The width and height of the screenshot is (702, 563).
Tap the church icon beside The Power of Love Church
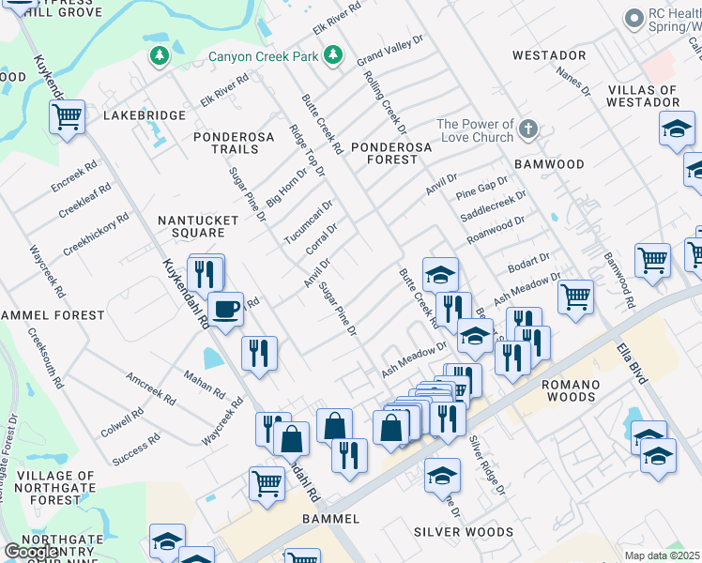528,129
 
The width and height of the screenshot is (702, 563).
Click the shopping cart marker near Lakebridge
67,117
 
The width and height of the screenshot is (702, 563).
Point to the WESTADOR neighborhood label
549,55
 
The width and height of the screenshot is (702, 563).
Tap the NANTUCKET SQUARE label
191,226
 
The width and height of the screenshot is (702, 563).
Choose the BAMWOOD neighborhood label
575,164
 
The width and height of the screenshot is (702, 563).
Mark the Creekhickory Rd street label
96,235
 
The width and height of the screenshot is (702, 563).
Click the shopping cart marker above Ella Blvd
575,297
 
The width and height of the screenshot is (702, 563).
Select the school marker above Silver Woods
442,476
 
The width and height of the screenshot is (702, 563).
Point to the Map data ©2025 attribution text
663,555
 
